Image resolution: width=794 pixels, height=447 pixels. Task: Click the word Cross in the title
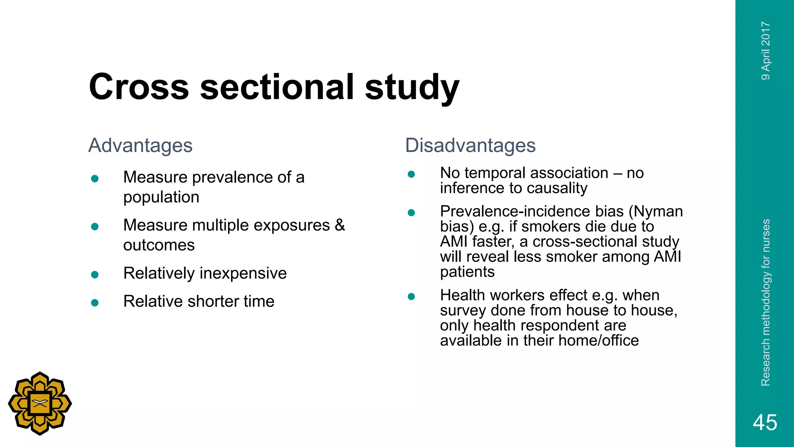click(139, 87)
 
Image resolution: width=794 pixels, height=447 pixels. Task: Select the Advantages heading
click(140, 146)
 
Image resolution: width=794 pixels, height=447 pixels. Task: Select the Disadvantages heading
click(470, 146)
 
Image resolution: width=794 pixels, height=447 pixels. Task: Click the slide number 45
click(765, 422)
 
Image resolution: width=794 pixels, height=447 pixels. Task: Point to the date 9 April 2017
click(766, 51)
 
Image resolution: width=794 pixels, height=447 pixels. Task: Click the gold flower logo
click(40, 404)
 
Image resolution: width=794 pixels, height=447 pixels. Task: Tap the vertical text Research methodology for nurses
click(766, 303)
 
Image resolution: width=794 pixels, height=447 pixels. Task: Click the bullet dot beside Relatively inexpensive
click(95, 275)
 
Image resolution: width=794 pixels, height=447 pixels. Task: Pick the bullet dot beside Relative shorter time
click(95, 303)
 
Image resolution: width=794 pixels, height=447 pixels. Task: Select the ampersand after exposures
click(340, 225)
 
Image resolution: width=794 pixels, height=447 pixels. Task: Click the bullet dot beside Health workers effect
click(411, 297)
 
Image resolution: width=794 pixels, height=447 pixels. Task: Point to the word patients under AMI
click(467, 272)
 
